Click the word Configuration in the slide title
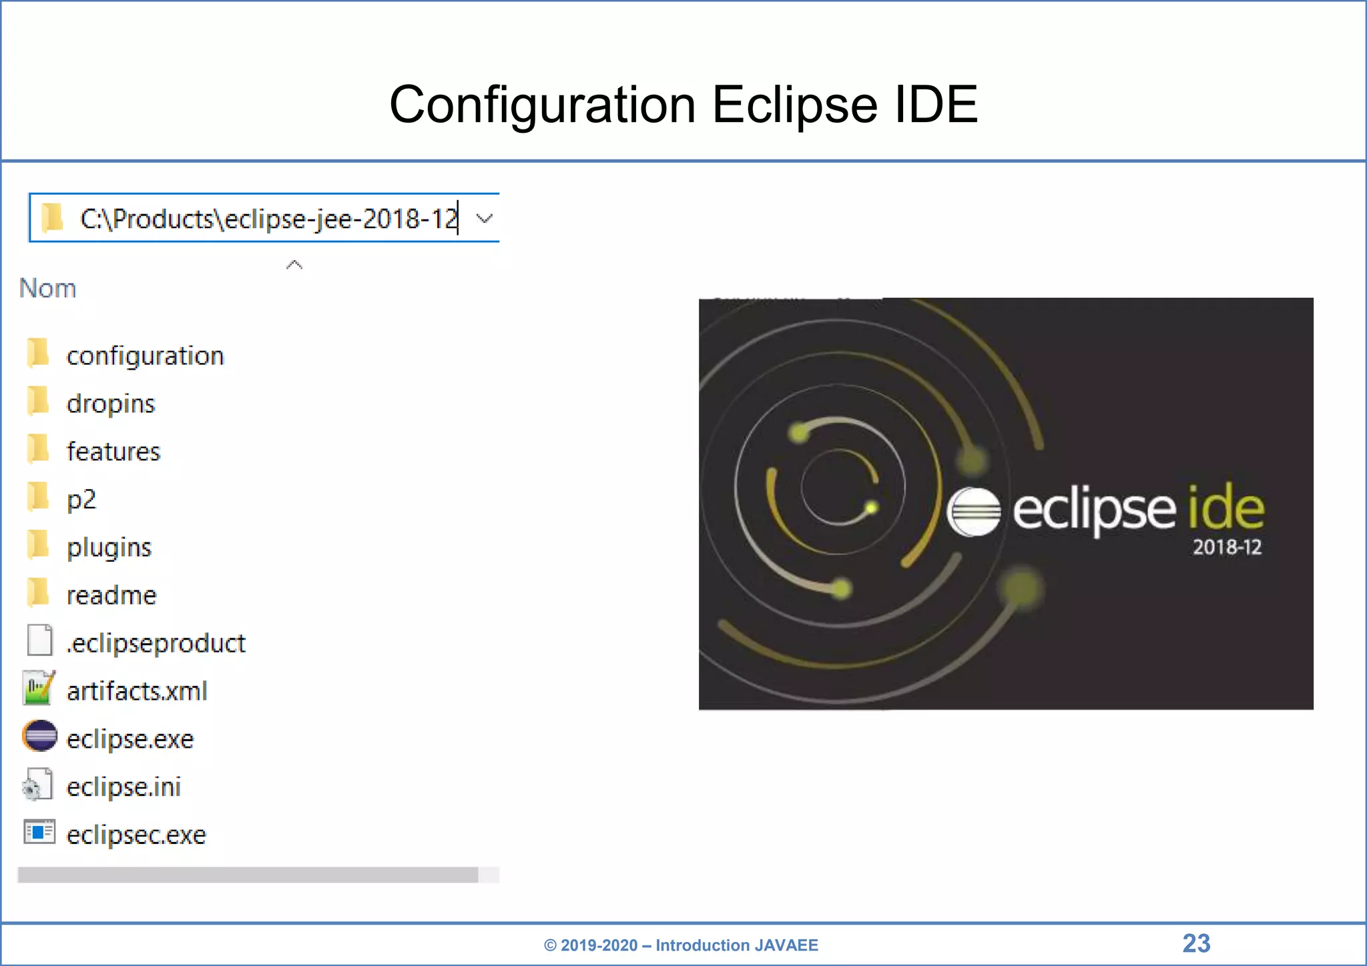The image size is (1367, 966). [x=542, y=105]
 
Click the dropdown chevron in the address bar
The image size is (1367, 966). [x=485, y=218]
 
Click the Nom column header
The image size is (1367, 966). [x=47, y=288]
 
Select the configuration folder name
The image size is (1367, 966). [x=145, y=356]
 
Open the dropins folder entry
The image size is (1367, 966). [x=111, y=404]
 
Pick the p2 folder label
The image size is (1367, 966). [x=81, y=499]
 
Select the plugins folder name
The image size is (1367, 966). [x=109, y=547]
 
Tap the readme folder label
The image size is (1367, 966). [x=111, y=595]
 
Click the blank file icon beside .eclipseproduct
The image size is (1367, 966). [x=39, y=640]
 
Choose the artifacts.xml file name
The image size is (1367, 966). [x=137, y=691]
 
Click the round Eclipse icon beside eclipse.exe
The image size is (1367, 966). [x=39, y=737]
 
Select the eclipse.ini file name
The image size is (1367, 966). [x=123, y=787]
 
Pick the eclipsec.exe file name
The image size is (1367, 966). [x=136, y=835]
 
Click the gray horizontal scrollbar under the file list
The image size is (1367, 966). [x=247, y=875]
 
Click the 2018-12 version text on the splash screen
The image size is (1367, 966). [x=1227, y=548]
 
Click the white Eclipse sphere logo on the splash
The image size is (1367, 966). [x=974, y=512]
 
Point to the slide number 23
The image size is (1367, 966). [x=1196, y=943]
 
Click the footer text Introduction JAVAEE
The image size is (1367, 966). [x=736, y=945]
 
